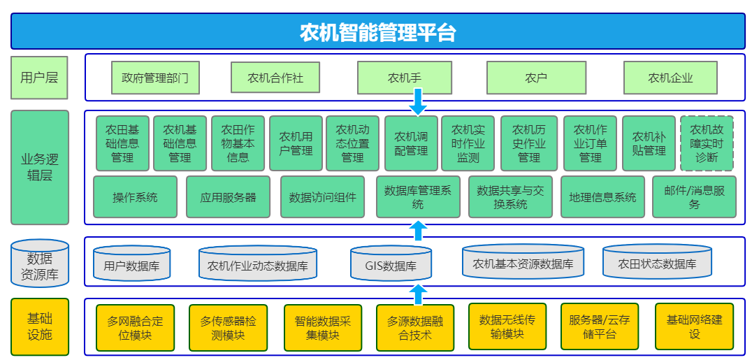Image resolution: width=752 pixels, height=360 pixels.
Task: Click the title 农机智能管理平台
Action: (378, 33)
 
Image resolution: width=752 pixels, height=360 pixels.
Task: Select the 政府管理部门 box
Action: (155, 78)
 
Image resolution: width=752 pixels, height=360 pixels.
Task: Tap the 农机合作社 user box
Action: (275, 78)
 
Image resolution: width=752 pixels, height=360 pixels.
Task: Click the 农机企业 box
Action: (670, 78)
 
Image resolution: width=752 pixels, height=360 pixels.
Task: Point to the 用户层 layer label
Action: (39, 78)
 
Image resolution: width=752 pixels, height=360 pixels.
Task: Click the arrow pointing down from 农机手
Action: (418, 101)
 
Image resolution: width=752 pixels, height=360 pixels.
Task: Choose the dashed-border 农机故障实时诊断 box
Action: (707, 143)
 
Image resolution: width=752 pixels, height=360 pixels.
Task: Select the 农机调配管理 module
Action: (411, 143)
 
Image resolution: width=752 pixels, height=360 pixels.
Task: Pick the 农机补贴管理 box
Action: (649, 143)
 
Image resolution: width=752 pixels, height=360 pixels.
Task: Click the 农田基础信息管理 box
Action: (123, 143)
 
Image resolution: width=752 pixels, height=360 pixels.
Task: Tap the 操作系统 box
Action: (136, 197)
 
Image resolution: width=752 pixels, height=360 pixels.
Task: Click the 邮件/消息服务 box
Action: (695, 197)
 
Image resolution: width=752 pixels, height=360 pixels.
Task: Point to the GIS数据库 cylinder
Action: (391, 263)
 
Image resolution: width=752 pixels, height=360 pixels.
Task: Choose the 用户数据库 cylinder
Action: (132, 263)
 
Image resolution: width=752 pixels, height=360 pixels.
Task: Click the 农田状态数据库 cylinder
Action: (656, 261)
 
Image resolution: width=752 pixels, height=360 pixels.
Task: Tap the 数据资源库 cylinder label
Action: (39, 263)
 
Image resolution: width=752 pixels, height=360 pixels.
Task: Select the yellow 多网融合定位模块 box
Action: (136, 327)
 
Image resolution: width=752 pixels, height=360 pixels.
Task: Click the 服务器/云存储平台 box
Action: (600, 326)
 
